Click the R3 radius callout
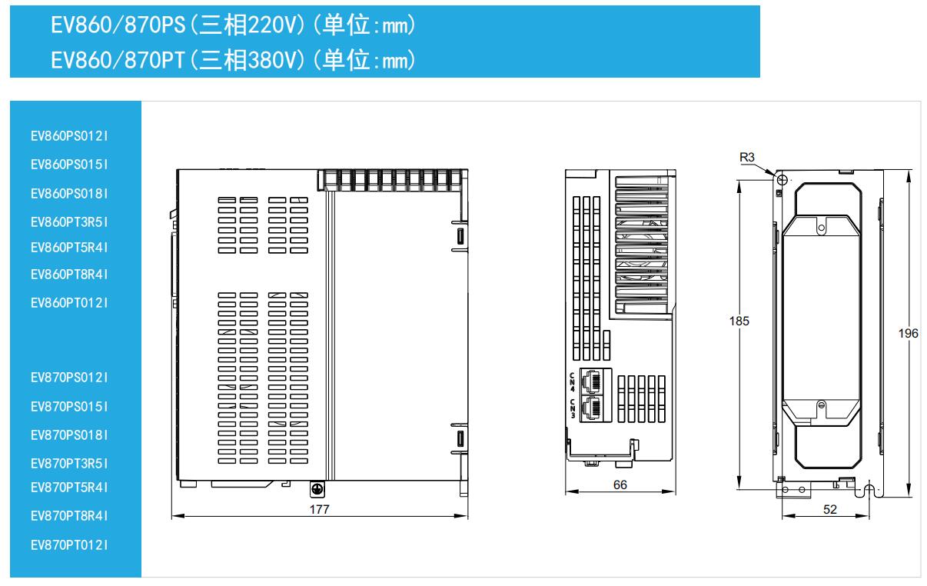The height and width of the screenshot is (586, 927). [x=747, y=158]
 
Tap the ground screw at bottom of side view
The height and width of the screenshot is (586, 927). [x=316, y=488]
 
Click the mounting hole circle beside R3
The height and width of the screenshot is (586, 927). [x=781, y=180]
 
